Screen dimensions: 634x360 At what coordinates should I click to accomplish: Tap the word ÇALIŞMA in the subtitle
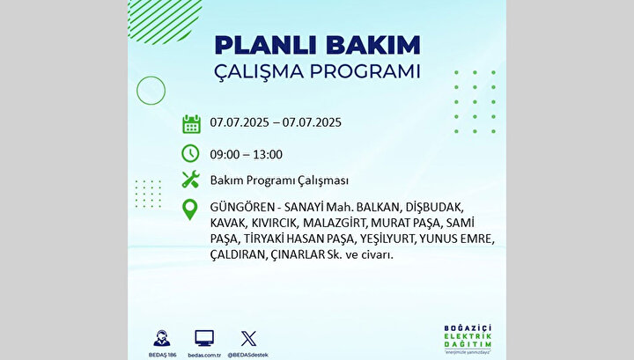259,71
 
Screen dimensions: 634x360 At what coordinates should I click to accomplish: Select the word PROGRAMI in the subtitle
365,71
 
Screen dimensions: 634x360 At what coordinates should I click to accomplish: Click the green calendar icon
191,124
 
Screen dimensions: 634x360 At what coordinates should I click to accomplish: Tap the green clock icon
190,153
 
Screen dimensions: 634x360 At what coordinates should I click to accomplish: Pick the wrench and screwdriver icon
190,179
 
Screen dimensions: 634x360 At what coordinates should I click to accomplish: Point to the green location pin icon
190,209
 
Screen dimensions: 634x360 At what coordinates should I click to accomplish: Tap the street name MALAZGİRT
335,223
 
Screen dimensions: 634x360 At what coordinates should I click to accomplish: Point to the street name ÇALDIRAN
238,255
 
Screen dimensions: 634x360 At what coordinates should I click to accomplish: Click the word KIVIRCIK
275,223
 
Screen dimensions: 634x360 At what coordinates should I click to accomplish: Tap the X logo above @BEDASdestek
248,339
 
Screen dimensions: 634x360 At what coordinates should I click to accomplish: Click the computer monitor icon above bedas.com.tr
204,338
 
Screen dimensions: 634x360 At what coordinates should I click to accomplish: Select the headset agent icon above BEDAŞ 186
162,338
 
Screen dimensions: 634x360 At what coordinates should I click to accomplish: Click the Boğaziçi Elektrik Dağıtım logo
468,339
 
